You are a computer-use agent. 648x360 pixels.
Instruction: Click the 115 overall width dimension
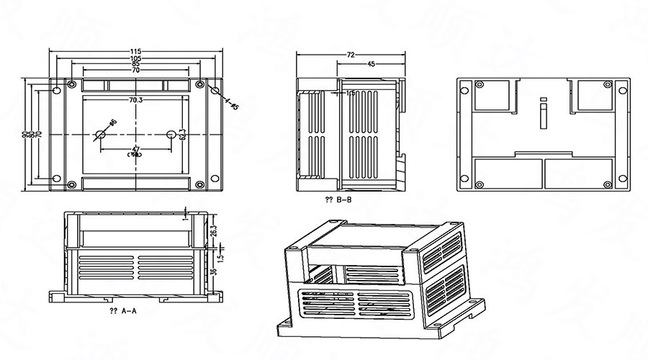[136, 51]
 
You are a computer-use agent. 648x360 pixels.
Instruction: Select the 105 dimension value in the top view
[136, 58]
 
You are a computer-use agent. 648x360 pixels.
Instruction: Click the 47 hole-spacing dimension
[135, 148]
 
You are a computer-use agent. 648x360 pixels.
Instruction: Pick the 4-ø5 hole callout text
[233, 106]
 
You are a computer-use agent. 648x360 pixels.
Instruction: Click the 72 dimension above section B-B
[351, 55]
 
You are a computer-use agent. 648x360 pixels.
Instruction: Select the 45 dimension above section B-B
[371, 64]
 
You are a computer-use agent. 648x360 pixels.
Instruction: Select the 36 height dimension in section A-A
[213, 273]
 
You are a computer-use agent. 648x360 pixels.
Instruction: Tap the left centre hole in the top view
[100, 135]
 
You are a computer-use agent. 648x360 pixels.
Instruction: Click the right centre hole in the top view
[171, 135]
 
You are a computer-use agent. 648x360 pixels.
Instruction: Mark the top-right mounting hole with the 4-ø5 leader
[215, 91]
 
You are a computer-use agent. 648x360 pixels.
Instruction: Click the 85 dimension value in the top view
[136, 64]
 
